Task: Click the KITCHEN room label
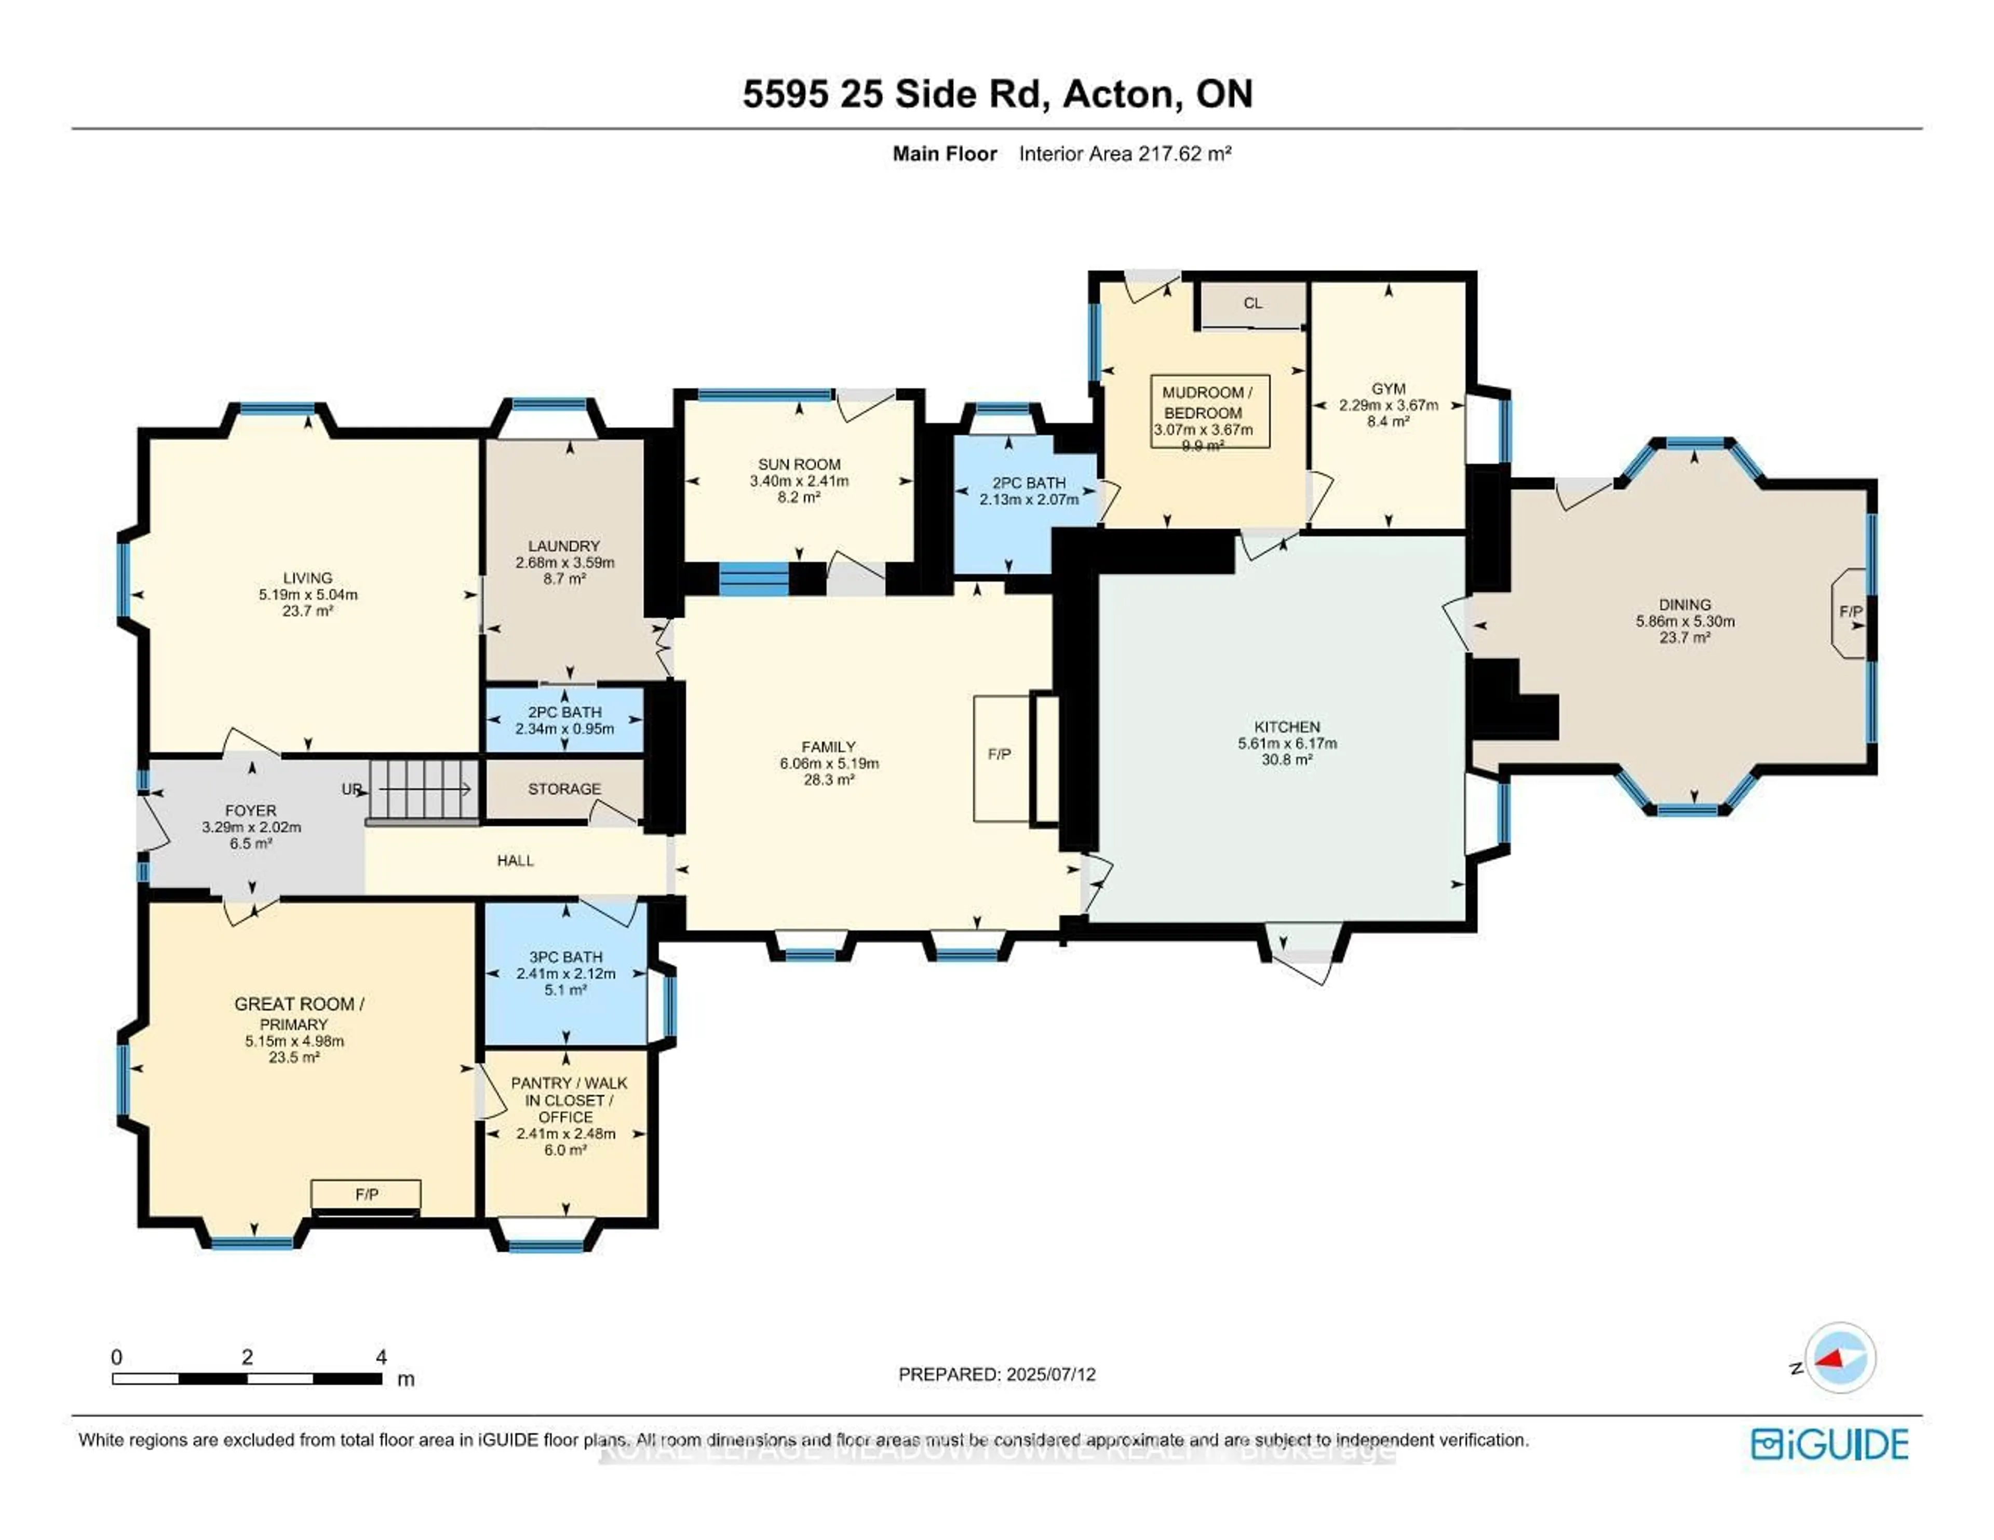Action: [x=1286, y=727]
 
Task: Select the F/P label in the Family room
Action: [x=999, y=754]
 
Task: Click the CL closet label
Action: [x=1252, y=303]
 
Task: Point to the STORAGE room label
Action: [x=564, y=789]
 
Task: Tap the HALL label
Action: [x=515, y=860]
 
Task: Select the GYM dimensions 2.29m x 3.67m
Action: [x=1388, y=405]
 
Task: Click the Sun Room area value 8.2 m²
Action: [x=799, y=498]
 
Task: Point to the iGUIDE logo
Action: [x=1830, y=1444]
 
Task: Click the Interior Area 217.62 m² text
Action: [x=1125, y=153]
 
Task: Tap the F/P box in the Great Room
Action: [x=366, y=1194]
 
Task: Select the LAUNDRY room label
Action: [x=563, y=546]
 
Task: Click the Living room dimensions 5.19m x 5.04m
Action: [x=308, y=594]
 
